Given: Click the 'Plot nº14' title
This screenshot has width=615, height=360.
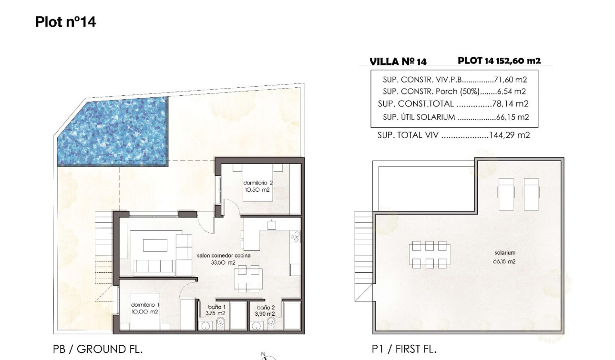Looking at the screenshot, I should [x=65, y=22].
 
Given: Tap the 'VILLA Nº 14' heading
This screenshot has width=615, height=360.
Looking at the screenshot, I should [x=398, y=62].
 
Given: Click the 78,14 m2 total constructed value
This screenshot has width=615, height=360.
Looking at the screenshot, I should [x=511, y=103].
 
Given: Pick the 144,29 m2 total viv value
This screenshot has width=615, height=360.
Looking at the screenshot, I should [x=509, y=135].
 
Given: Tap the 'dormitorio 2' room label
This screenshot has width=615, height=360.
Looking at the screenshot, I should [x=257, y=183].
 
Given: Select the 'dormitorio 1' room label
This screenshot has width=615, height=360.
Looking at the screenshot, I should [x=145, y=305].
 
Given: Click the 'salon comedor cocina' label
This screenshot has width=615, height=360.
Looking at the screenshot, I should [x=224, y=256].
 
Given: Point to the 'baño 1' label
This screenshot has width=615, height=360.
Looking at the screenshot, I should [x=215, y=308].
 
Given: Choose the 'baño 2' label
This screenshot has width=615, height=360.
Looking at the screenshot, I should [x=266, y=308].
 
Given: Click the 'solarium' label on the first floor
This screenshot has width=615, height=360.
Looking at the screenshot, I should [x=505, y=253].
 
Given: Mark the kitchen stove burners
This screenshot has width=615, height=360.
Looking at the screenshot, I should [x=296, y=236].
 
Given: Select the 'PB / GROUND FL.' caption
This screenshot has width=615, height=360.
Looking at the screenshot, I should [x=98, y=349].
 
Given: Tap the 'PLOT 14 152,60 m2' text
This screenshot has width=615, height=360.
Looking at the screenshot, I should [x=499, y=61].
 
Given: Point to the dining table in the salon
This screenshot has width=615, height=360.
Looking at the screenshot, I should [x=248, y=278].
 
